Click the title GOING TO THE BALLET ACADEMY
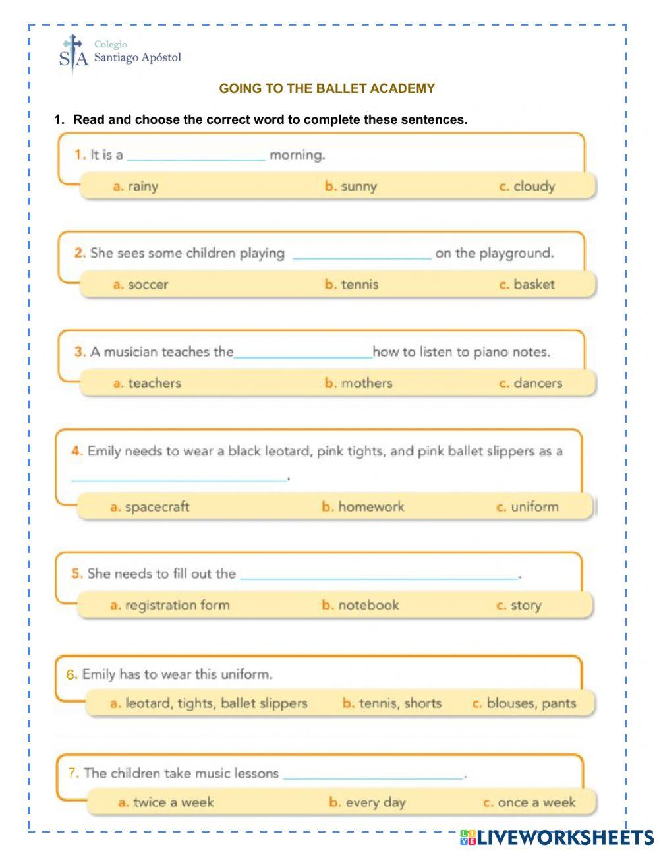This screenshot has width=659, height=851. [x=327, y=88]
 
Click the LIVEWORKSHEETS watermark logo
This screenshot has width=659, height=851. [x=557, y=837]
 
